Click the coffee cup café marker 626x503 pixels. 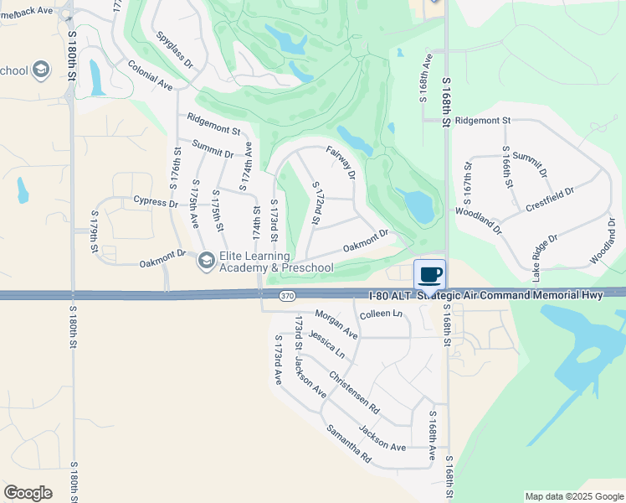[x=430, y=275]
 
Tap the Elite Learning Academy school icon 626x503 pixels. [x=205, y=262]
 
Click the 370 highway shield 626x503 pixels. [x=287, y=296]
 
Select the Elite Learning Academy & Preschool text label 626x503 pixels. [x=276, y=262]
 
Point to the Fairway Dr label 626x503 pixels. [x=341, y=162]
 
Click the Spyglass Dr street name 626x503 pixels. [x=174, y=50]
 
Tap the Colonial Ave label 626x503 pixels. [x=150, y=75]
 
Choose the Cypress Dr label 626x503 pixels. [x=156, y=203]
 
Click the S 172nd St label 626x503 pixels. [x=316, y=204]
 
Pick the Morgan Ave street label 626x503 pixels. [x=336, y=324]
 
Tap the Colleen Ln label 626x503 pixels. [x=381, y=314]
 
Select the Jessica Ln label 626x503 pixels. [x=326, y=344]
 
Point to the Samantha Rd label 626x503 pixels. [x=348, y=444]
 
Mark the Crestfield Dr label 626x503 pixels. [x=550, y=200]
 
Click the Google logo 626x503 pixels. [x=28, y=493]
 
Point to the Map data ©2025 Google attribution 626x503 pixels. [x=573, y=496]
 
